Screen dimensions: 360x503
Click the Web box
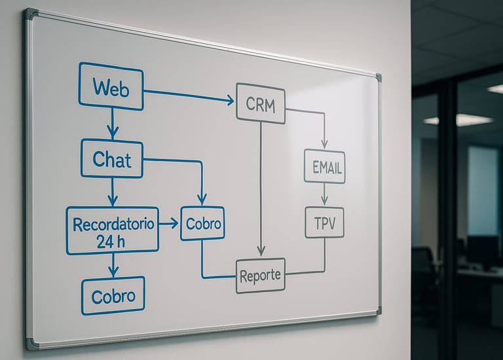pos(111,86)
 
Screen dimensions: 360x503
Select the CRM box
pos(261,103)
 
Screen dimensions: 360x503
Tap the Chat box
pos(112,158)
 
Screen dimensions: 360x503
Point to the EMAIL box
pos(324,166)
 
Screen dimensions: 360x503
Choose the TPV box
pos(324,223)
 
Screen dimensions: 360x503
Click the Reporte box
pos(260,276)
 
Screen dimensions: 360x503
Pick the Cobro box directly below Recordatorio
pos(113,296)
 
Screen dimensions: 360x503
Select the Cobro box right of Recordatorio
pos(202,224)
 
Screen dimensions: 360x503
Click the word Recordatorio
pos(113,225)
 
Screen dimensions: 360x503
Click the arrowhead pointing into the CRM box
pos(230,100)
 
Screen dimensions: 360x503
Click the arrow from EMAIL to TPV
pos(324,194)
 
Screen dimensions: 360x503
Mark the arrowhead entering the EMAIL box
pos(324,144)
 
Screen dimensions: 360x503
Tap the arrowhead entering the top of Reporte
pos(261,251)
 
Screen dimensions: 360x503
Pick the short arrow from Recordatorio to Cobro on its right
pos(168,224)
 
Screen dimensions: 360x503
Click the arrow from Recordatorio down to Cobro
pos(113,264)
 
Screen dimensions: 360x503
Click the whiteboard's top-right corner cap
pos(378,77)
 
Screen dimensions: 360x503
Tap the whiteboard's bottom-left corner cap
pos(30,343)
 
